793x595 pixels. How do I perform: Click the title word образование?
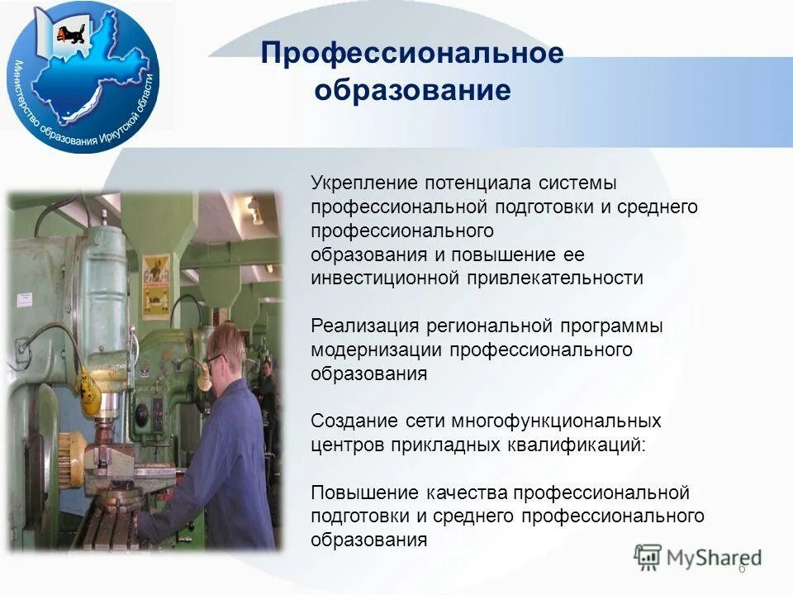tap(411, 90)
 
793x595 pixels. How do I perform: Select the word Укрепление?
tap(363, 183)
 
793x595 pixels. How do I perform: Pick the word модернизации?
tap(377, 350)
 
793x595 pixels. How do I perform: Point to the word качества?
tap(468, 493)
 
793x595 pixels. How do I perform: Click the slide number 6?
tap(741, 569)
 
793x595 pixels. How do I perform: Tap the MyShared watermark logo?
tap(698, 556)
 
